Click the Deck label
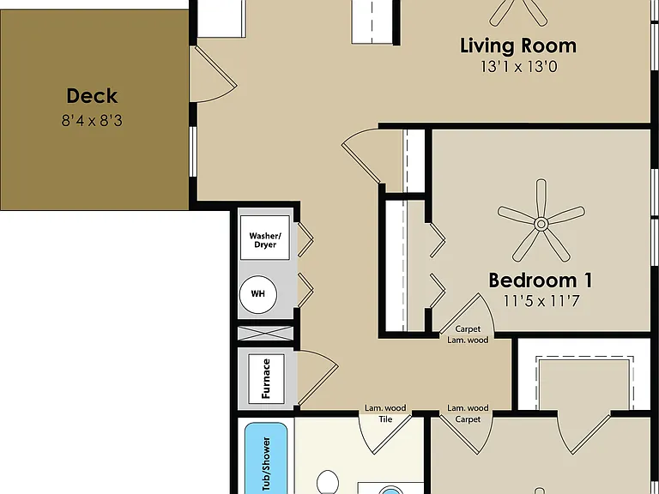click(92, 96)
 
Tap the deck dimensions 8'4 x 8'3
click(92, 121)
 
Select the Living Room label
click(518, 45)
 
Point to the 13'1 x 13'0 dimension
click(519, 67)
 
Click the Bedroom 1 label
click(541, 280)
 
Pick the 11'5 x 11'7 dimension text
click(541, 301)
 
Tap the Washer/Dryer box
click(265, 238)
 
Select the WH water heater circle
click(258, 294)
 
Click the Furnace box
click(266, 379)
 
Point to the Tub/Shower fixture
click(266, 458)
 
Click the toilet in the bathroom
click(328, 482)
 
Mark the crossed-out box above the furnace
click(266, 334)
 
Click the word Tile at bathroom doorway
click(385, 419)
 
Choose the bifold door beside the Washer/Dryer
click(305, 239)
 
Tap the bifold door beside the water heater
click(305, 290)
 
